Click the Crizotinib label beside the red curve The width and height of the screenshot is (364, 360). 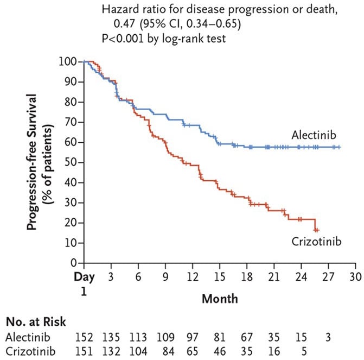coord(316,241)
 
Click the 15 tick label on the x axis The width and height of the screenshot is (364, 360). coord(220,277)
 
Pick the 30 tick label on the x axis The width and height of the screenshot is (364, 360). coord(355,277)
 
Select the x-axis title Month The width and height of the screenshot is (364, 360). coord(220,298)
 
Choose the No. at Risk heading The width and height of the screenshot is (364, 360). coord(37,322)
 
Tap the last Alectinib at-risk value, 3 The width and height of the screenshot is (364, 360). coord(328,337)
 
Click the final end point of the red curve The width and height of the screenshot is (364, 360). coord(317,230)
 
